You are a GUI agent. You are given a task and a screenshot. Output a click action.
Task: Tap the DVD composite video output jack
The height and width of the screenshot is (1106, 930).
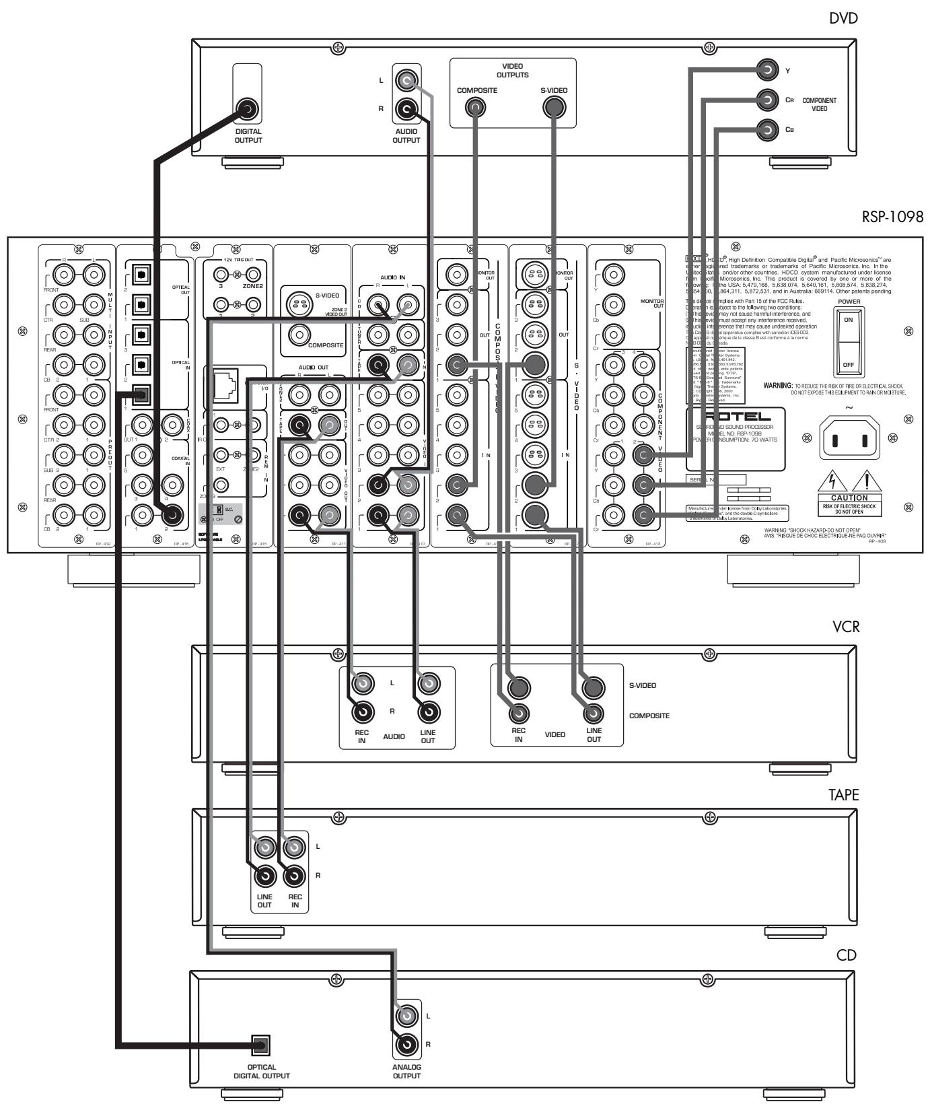pyautogui.click(x=476, y=108)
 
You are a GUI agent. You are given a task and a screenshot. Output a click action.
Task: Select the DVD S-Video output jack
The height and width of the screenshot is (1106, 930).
pyautogui.click(x=554, y=108)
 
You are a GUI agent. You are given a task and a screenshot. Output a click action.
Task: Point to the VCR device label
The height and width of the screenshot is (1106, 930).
pyautogui.click(x=845, y=625)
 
